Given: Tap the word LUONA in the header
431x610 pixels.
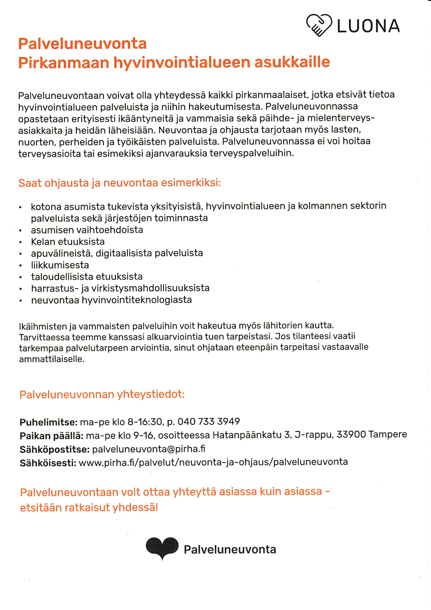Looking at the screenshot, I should pyautogui.click(x=368, y=26).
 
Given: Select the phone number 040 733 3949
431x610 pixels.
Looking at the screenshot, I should pyautogui.click(x=209, y=421).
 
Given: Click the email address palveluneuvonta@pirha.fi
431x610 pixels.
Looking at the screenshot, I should pyautogui.click(x=148, y=449).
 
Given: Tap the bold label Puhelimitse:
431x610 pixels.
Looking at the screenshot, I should pyautogui.click(x=48, y=422).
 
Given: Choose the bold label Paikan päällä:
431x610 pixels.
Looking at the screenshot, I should pyautogui.click(x=52, y=436).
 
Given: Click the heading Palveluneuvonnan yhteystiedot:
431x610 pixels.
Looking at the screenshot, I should pyautogui.click(x=102, y=395).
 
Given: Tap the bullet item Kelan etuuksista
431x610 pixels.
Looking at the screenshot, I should pyautogui.click(x=68, y=242).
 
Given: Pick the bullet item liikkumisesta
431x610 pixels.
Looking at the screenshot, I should pyautogui.click(x=60, y=265).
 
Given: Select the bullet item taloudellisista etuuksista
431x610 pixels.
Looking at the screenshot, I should pyautogui.click(x=87, y=277).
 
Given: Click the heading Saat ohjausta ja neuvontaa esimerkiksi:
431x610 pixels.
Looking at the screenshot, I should pyautogui.click(x=120, y=183).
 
